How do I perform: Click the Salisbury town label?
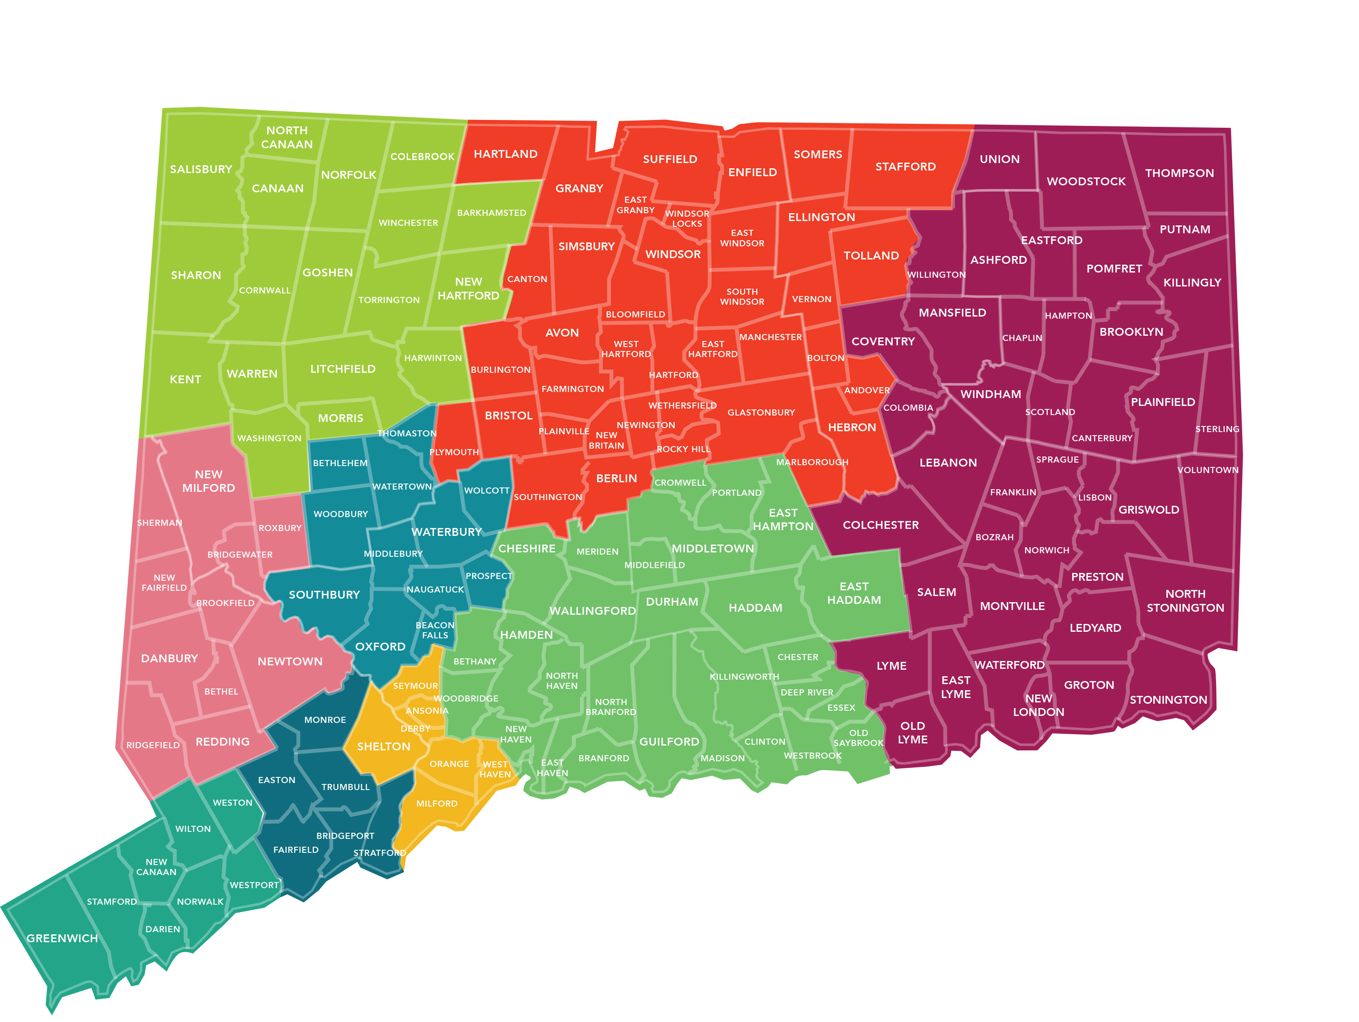point(201,169)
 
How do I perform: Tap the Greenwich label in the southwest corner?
point(62,938)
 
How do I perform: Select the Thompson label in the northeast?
point(1179,173)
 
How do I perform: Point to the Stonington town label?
point(1168,699)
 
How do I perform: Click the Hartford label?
point(673,375)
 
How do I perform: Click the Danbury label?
point(169,658)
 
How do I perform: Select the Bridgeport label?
point(345,836)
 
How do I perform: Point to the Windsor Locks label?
point(686,219)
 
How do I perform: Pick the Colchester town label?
point(880,525)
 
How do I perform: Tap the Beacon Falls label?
point(435,630)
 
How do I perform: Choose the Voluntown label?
point(1207,470)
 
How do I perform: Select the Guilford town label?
point(669,742)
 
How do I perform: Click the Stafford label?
point(905,167)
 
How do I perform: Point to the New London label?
point(1038,705)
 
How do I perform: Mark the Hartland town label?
point(505,154)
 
